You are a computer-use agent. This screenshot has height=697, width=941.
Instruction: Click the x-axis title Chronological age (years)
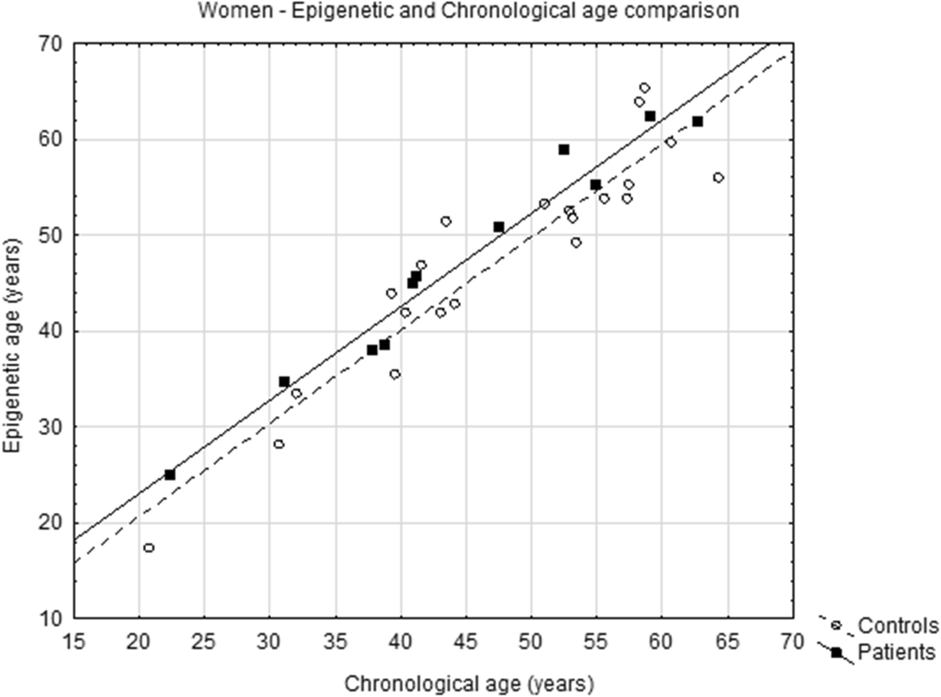pyautogui.click(x=469, y=683)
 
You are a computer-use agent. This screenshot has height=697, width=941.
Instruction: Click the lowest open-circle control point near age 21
pyautogui.click(x=149, y=548)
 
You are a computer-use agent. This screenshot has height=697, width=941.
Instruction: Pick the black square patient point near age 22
pyautogui.click(x=170, y=475)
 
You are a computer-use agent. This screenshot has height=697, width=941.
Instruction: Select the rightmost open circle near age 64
pyautogui.click(x=718, y=178)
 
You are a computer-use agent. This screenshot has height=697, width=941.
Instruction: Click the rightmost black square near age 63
pyautogui.click(x=697, y=122)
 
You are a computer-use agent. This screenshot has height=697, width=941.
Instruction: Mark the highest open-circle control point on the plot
pyautogui.click(x=645, y=88)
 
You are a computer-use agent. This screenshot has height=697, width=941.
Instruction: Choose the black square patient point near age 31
pyautogui.click(x=284, y=382)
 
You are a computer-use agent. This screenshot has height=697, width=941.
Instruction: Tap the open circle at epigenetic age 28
pyautogui.click(x=279, y=444)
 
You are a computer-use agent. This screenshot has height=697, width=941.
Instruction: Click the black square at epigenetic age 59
pyautogui.click(x=564, y=150)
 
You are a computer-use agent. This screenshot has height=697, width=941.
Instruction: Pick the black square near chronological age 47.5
pyautogui.click(x=499, y=227)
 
